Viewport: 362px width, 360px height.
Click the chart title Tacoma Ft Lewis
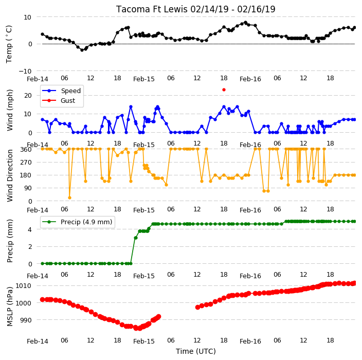pos(152,9)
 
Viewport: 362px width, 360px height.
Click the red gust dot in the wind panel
pos(224,90)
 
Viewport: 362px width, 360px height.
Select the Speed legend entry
pos(61,91)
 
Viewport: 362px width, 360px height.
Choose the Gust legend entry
pos(59,100)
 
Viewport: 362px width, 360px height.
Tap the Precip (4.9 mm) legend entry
pos(77,222)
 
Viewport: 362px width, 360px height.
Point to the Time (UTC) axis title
pos(196,351)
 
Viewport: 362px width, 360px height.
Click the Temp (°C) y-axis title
pos(9,44)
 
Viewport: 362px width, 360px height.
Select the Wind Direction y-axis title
pos(10,175)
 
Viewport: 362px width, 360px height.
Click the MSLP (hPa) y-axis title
pos(10,307)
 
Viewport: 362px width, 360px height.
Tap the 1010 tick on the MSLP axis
pos(23,285)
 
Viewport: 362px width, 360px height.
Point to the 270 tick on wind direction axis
pos(27,163)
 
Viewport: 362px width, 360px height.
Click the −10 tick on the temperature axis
pos(25,71)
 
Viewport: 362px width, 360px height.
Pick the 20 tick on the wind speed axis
pos(28,95)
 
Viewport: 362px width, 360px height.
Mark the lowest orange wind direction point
pos(69,197)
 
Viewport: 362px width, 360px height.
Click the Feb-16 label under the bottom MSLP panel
pos(250,341)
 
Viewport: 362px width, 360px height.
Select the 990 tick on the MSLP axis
pos(25,320)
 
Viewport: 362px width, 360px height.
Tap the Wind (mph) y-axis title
pos(10,110)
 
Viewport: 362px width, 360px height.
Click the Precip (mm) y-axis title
pos(10,241)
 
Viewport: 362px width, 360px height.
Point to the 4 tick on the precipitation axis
pos(30,229)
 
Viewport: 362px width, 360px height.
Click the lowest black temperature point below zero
pos(82,50)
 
